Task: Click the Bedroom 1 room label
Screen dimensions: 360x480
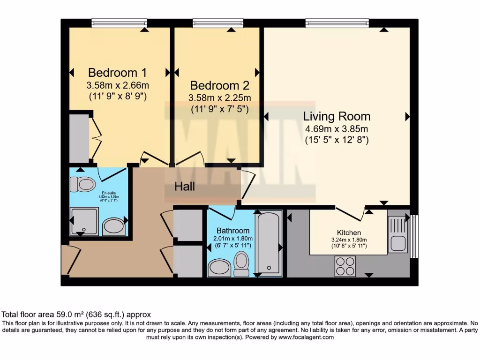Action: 117,73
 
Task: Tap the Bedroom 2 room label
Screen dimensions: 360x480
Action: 219,86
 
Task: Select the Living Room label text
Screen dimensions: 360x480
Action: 337,116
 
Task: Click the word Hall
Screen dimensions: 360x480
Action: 185,187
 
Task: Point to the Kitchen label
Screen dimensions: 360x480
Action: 349,232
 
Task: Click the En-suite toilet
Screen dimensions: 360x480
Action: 83,184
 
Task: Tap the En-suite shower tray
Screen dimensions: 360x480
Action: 84,221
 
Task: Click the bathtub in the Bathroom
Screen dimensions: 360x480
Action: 269,243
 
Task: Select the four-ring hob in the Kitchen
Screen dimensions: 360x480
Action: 345,266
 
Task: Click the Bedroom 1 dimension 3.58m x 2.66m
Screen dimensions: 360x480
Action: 117,86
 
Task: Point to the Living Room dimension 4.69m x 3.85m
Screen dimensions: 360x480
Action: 337,129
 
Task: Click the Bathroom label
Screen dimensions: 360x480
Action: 233,231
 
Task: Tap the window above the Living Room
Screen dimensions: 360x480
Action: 337,23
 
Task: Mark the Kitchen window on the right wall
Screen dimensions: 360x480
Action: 414,236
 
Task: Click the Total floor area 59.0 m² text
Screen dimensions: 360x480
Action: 76,315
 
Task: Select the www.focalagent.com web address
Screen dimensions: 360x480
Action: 306,337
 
